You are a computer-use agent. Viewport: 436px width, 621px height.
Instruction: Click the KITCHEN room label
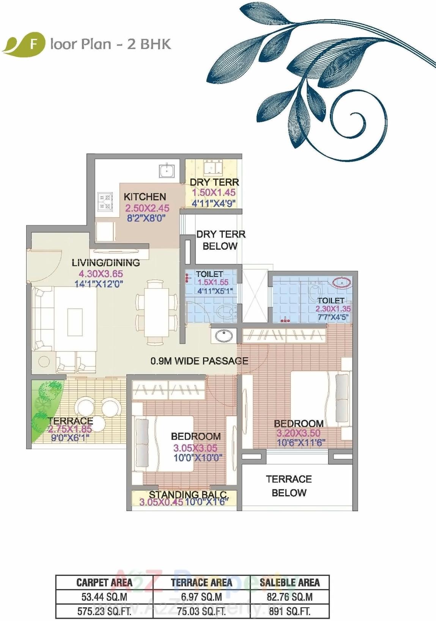coord(145,197)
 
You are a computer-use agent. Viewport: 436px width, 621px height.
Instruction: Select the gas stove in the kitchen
coord(105,202)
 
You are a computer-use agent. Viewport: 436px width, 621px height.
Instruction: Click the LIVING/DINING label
coord(106,263)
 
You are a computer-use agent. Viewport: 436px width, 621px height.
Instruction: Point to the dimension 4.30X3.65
coord(101,274)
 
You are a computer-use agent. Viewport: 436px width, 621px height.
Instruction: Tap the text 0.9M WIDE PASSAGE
coord(199,361)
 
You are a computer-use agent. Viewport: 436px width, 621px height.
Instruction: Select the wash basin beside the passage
coord(224,336)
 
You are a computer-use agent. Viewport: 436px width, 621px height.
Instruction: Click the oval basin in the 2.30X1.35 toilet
coord(342,282)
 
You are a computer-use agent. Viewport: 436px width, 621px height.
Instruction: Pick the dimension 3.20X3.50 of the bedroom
coord(298,433)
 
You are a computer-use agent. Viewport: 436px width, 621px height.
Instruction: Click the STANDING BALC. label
coord(189,495)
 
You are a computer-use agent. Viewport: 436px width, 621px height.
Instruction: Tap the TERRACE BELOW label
coord(289,486)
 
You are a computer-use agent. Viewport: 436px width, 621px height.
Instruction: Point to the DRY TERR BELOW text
coord(220,240)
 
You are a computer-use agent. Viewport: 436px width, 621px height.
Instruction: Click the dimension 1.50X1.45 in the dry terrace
coord(213,193)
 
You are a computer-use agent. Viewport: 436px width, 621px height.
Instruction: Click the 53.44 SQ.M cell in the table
coord(104,597)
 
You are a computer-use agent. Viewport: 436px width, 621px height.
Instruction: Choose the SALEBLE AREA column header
coord(290,582)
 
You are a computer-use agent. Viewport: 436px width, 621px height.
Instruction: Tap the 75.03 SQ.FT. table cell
coord(201,611)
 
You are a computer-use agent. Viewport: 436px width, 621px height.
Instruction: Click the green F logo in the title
coord(33,44)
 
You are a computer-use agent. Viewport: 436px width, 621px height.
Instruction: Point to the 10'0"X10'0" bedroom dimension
coord(198,458)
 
